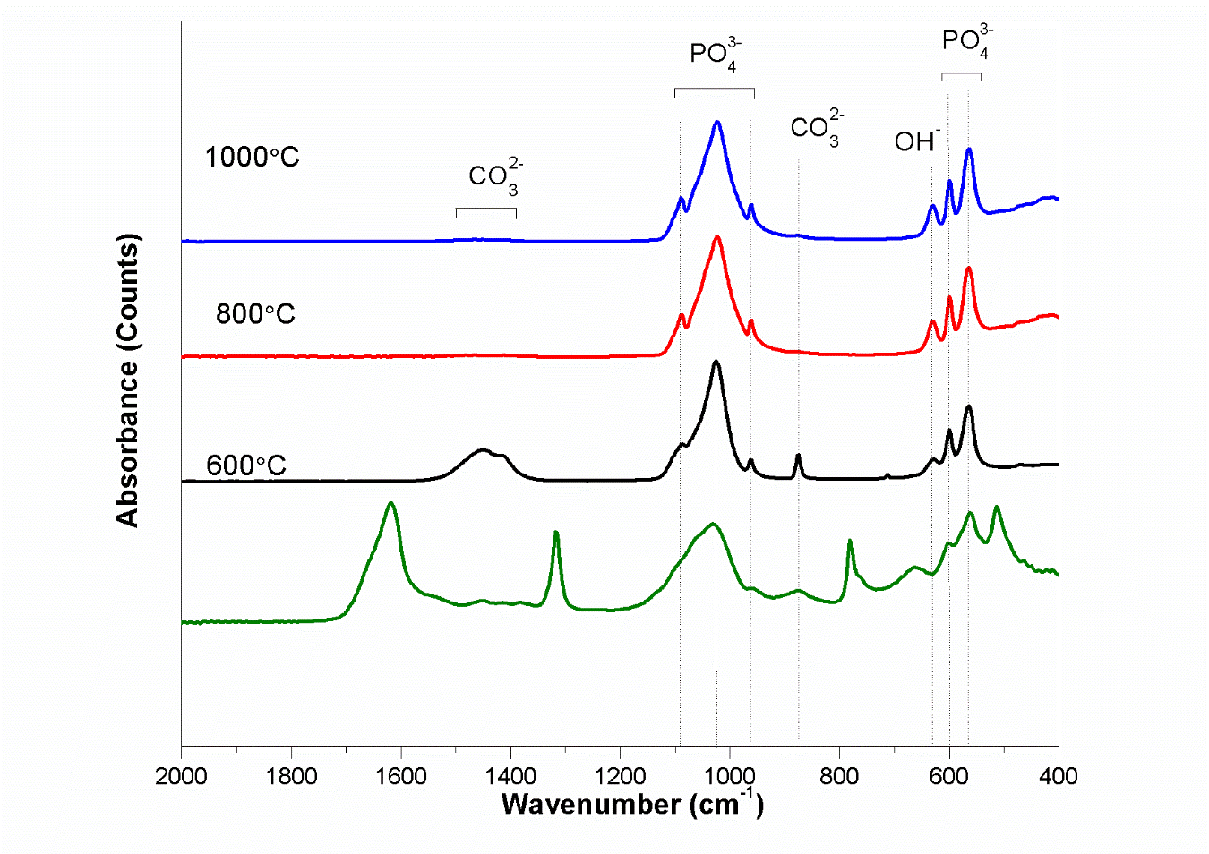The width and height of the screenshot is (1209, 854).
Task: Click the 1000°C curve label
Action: coord(252,158)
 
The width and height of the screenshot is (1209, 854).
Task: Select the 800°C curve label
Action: coord(255,314)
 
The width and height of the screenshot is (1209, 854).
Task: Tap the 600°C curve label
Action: coord(246,465)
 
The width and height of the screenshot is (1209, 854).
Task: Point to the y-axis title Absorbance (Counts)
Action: coord(128,380)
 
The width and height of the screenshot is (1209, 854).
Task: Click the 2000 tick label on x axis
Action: coord(181,776)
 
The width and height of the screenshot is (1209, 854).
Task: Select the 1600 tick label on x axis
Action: coord(400,776)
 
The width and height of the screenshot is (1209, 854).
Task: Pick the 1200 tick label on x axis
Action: coord(620,776)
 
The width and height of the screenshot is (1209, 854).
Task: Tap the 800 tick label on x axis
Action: coord(839,776)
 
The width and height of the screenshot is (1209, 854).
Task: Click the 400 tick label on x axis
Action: coord(1059,776)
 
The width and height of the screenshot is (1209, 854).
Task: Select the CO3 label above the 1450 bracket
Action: coord(495,175)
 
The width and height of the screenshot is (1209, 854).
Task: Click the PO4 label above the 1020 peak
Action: coord(715,55)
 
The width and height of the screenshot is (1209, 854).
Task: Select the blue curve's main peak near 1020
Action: coord(716,123)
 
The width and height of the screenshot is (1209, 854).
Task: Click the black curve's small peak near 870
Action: coord(798,456)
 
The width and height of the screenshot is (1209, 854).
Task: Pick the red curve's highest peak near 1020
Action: coord(716,237)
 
